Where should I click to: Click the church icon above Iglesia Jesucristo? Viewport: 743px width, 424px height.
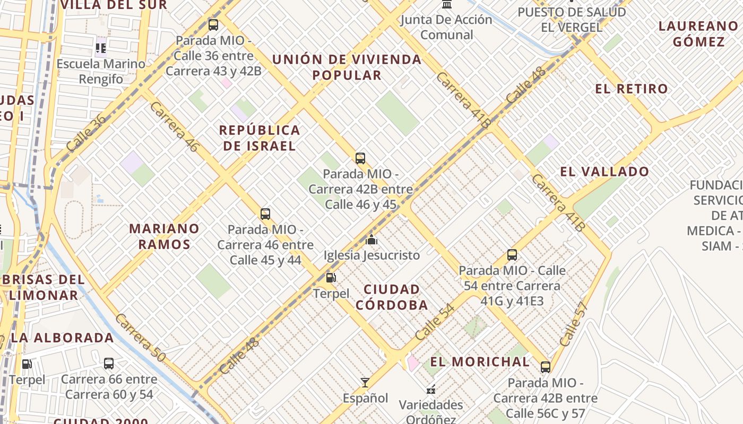[x=371, y=240]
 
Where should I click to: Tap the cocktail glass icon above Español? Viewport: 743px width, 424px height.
[x=365, y=382]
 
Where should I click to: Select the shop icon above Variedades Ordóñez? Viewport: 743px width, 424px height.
[x=431, y=390]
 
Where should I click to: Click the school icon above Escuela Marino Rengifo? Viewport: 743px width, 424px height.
[x=101, y=48]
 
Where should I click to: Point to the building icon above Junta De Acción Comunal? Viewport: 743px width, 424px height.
[x=447, y=4]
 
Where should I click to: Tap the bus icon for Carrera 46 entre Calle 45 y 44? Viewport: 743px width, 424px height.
[x=265, y=214]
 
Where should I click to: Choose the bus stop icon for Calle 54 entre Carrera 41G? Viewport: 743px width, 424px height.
[x=512, y=255]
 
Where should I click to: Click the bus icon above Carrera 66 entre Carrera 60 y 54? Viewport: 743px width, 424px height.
[x=109, y=364]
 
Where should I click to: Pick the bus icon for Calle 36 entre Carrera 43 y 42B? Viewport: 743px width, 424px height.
[x=213, y=24]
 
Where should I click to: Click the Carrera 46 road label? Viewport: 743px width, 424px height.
[x=174, y=127]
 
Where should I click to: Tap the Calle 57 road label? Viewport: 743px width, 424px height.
[x=574, y=324]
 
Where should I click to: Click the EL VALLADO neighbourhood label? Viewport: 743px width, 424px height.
[x=604, y=172]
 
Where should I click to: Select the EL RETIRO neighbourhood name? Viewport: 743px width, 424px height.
[x=631, y=89]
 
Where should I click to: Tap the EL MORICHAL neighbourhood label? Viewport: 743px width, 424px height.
[x=480, y=362]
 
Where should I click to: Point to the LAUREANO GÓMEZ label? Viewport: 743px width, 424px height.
[x=698, y=33]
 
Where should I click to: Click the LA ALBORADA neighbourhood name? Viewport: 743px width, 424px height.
[x=62, y=338]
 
